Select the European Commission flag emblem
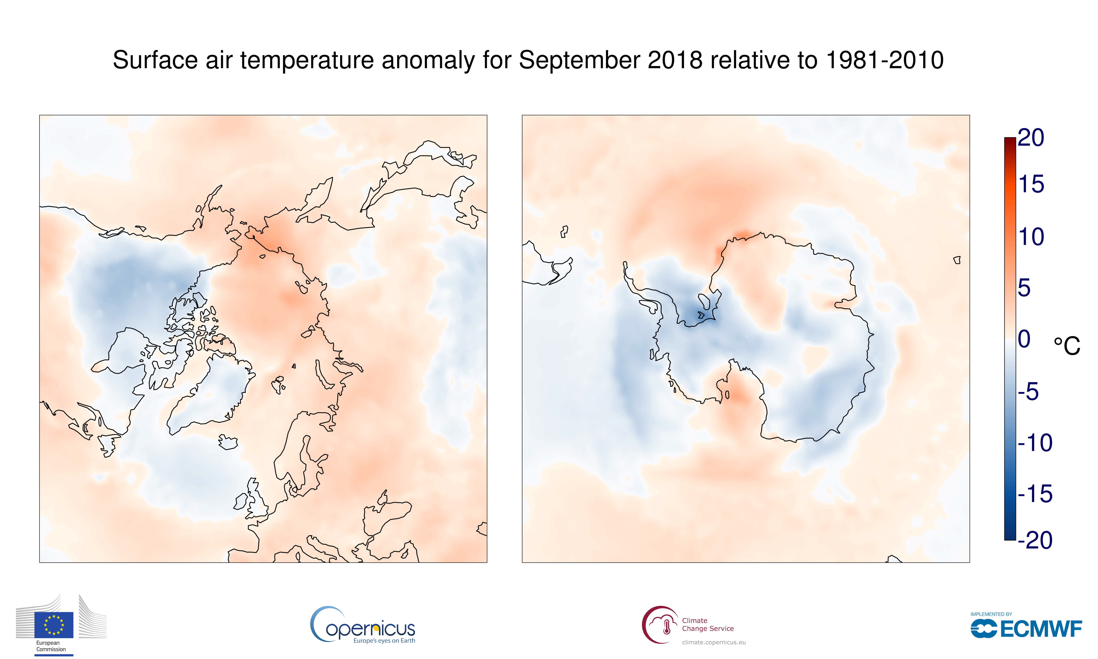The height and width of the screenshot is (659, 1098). point(54,624)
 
